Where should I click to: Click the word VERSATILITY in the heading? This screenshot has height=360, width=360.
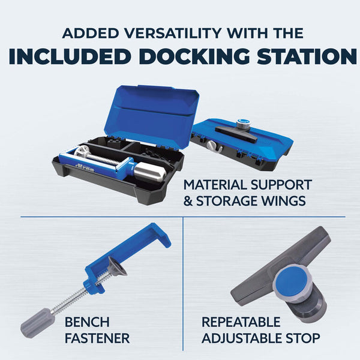(x=173, y=33)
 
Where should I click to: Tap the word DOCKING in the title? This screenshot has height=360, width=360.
(x=194, y=56)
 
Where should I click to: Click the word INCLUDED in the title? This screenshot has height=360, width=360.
(x=70, y=56)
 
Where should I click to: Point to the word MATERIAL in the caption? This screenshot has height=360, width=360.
(x=215, y=185)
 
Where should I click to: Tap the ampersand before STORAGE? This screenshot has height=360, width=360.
(x=188, y=201)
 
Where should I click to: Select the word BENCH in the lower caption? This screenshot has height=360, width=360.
(x=87, y=322)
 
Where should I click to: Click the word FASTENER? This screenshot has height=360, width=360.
(x=97, y=338)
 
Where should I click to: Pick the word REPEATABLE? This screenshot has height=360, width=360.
(x=241, y=322)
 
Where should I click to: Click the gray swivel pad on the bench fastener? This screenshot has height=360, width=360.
(x=116, y=268)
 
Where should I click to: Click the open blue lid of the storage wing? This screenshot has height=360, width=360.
(x=152, y=115)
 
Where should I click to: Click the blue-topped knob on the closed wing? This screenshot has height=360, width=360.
(x=242, y=124)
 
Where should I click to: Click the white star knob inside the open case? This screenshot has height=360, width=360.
(x=80, y=152)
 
